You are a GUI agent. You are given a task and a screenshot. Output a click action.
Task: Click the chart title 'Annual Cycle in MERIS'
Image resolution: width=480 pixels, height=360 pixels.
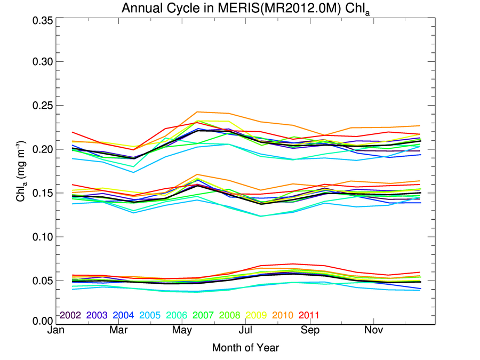(245, 9)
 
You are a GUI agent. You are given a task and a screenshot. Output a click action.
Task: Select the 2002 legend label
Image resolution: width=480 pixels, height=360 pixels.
(70, 315)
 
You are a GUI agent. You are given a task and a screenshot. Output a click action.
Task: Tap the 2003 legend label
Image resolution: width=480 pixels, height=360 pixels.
(97, 315)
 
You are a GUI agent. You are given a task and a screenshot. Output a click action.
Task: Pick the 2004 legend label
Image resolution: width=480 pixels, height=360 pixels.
(123, 315)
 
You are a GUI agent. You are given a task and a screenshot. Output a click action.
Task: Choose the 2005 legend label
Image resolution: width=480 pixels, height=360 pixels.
(150, 315)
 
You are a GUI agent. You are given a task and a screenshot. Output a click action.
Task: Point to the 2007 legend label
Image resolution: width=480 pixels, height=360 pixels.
(203, 315)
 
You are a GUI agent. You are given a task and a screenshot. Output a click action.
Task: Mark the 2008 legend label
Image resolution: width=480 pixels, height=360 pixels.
(229, 315)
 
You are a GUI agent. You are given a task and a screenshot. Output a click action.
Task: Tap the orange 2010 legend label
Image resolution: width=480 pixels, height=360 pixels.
(282, 315)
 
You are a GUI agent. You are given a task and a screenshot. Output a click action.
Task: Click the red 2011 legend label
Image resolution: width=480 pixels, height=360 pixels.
(309, 315)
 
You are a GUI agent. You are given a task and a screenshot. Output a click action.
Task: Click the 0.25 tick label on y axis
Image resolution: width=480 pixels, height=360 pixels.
(42, 106)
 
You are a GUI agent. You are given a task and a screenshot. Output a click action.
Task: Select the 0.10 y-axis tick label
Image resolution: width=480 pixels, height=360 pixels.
(42, 236)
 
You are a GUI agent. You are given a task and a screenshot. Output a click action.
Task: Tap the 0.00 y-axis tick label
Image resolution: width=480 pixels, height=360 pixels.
(42, 321)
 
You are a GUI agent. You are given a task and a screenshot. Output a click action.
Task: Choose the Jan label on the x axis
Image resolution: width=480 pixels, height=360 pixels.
(56, 331)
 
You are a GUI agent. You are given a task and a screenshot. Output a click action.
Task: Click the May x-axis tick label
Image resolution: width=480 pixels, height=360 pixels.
(182, 331)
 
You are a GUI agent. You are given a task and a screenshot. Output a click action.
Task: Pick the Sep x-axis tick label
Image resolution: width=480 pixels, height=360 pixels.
(310, 331)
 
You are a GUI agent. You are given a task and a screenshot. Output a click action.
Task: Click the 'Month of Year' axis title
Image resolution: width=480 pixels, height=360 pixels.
(245, 348)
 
